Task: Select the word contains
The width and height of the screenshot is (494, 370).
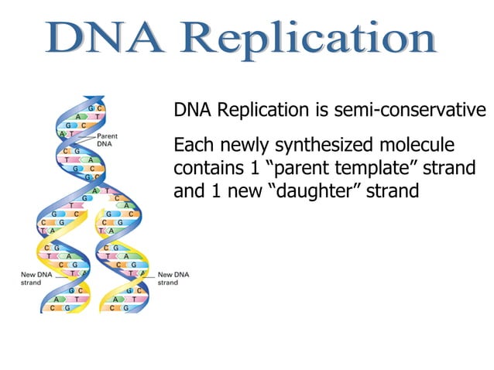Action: (204, 168)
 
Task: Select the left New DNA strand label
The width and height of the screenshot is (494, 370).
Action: (35, 278)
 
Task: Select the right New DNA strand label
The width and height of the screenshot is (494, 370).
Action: (173, 278)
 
